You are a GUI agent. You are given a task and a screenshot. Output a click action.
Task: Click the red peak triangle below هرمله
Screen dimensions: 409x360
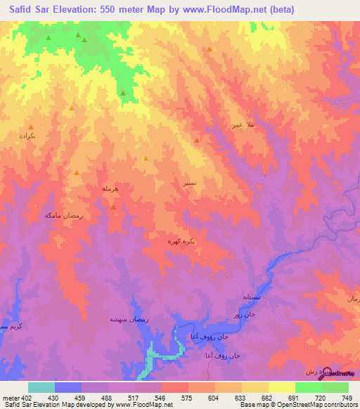[113, 207]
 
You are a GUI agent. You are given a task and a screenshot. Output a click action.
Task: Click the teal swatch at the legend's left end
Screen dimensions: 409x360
[41, 388]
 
